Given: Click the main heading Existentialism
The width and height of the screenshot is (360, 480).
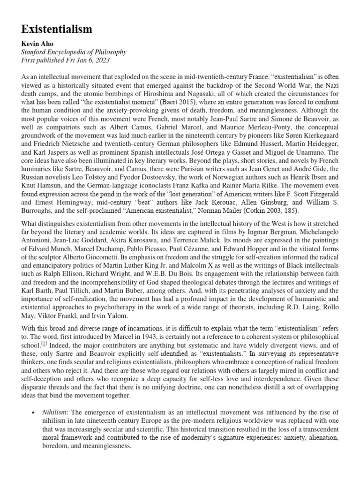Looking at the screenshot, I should coord(57,29).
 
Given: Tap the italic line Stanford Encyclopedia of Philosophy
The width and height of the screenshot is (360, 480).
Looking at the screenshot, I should coord(74,52).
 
